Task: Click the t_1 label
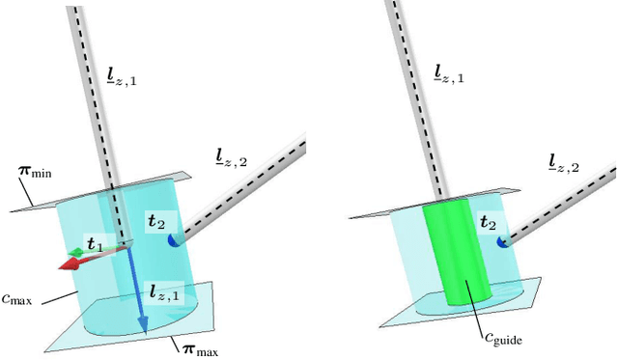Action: (x=95, y=244)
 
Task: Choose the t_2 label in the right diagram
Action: (x=488, y=225)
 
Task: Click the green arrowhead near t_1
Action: (x=70, y=254)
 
